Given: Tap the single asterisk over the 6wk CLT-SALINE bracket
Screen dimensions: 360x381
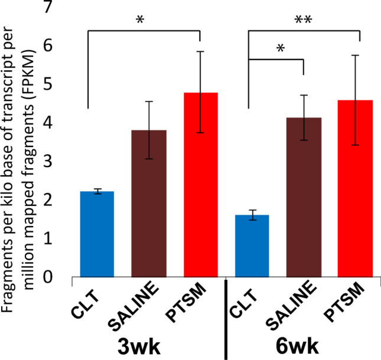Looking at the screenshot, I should [278, 48].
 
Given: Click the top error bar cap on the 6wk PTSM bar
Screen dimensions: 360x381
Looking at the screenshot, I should [355, 55].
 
